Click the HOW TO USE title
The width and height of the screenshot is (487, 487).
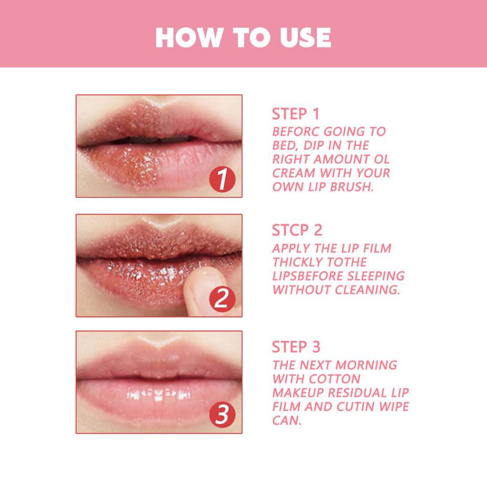click(243, 37)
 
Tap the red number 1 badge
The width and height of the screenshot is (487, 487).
click(222, 180)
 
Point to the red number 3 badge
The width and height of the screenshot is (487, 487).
click(222, 416)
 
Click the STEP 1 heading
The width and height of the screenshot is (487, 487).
click(296, 114)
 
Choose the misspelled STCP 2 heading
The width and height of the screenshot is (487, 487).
click(297, 230)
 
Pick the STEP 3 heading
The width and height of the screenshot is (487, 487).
click(296, 347)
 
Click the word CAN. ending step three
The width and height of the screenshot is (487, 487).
click(287, 420)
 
